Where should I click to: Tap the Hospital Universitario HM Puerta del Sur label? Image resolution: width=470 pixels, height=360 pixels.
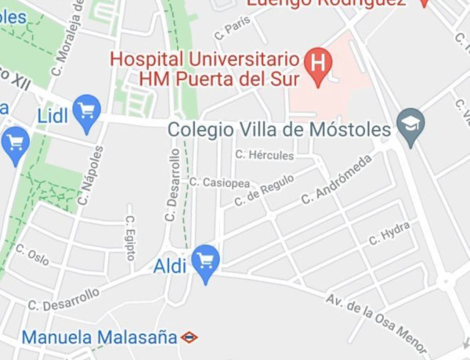tap(205, 69)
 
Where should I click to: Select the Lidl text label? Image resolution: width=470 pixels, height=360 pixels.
tap(52, 116)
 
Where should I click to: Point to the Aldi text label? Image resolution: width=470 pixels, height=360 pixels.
tap(170, 265)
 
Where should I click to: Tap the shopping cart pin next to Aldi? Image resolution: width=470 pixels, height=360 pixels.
tap(206, 261)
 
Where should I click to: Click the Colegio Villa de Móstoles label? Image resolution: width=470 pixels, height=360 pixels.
tap(280, 129)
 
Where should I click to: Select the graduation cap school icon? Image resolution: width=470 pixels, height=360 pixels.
tap(410, 124)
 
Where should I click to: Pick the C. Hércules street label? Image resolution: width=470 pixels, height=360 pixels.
tap(265, 155)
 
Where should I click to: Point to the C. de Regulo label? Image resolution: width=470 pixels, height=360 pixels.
tap(264, 190)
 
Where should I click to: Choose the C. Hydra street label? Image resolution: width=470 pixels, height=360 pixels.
tap(389, 232)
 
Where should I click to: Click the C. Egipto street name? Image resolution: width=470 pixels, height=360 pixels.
tap(131, 238)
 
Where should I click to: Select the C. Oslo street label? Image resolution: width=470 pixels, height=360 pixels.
tap(32, 254)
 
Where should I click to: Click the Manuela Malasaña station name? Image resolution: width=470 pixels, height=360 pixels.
tap(99, 337)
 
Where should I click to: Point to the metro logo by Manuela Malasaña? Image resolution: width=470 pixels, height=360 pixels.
tap(189, 337)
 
